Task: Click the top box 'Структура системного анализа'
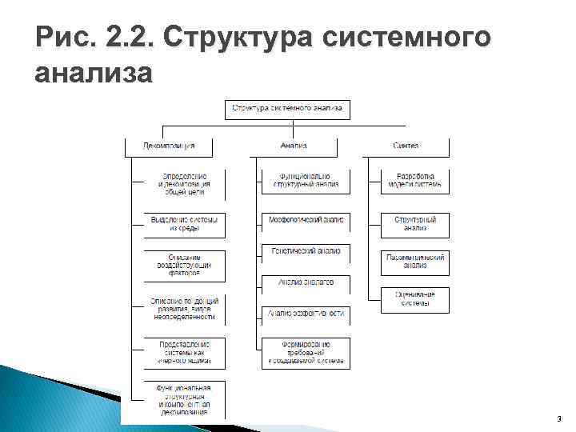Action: point(287,107)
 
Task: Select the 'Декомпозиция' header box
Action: point(168,146)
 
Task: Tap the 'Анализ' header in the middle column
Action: point(294,146)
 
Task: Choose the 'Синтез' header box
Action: point(406,146)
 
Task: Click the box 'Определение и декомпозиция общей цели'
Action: point(185,184)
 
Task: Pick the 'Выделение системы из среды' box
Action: point(185,223)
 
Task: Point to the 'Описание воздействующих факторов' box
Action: point(185,264)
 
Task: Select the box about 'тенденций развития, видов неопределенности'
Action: point(185,309)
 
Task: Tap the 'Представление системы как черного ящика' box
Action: point(185,352)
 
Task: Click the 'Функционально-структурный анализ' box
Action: point(306,180)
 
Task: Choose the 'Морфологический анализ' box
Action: point(306,218)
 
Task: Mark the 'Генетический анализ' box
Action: point(306,251)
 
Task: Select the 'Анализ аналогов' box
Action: point(306,282)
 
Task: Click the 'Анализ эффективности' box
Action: point(306,314)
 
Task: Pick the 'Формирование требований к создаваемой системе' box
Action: point(306,352)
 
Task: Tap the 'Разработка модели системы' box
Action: point(414,180)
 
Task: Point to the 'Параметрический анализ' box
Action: point(414,261)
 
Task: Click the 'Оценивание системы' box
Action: point(414,298)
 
